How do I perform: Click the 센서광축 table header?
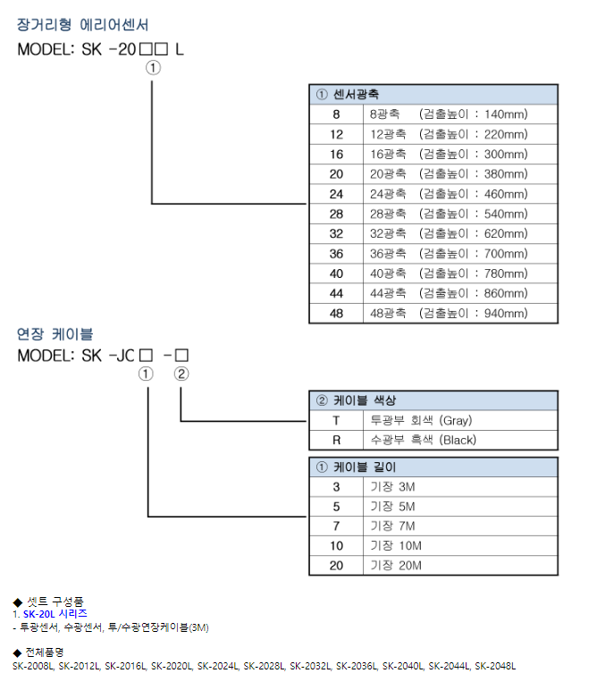(x=349, y=94)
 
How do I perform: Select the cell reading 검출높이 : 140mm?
(x=474, y=114)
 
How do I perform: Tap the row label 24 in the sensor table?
(x=336, y=194)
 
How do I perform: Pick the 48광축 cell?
(x=388, y=313)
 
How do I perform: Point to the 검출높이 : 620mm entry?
(x=474, y=233)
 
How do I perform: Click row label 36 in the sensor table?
(x=336, y=254)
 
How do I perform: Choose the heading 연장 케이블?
(x=55, y=334)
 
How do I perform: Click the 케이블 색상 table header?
(x=357, y=400)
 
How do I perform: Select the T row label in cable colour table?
(x=336, y=420)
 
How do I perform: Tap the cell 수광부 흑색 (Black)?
(x=423, y=440)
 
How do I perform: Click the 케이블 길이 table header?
(x=357, y=467)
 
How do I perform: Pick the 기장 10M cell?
(x=396, y=545)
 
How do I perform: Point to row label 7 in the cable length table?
(x=336, y=526)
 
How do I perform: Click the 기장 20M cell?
(x=396, y=565)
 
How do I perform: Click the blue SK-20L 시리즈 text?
(x=55, y=614)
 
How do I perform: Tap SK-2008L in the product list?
(x=34, y=666)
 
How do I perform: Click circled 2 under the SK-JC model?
(x=181, y=374)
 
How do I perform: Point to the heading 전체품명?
(x=45, y=652)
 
